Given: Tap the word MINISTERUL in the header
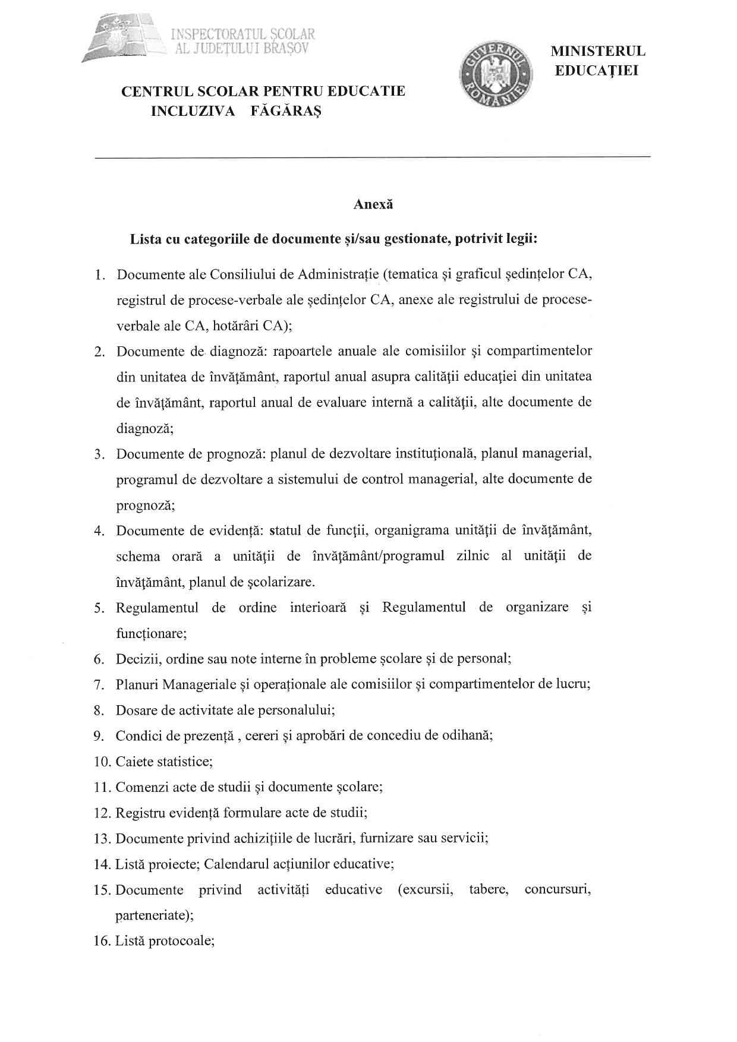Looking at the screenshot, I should point(599,52).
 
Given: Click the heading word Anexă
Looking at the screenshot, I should point(373,204).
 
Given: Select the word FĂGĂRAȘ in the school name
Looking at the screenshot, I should point(286,111).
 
